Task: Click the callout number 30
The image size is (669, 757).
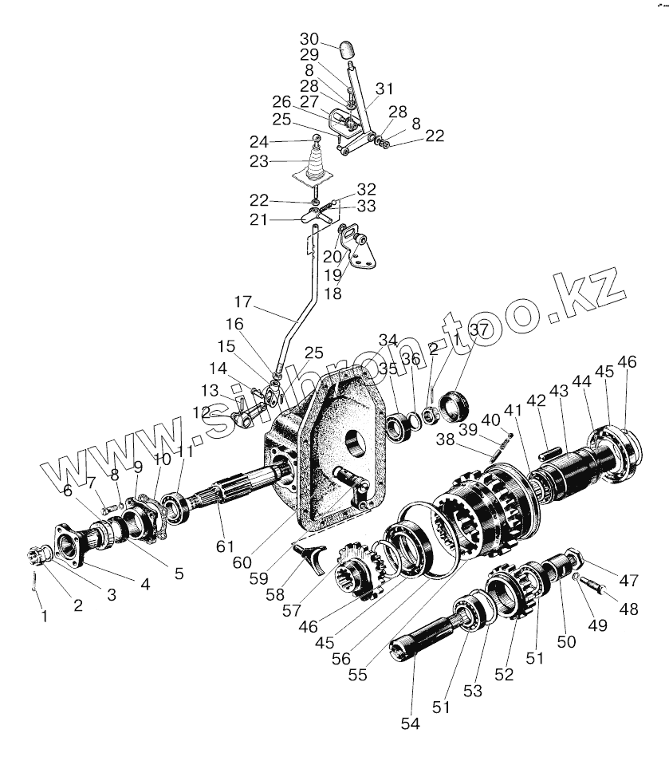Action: [309, 40]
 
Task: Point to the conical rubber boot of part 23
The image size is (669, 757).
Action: [317, 166]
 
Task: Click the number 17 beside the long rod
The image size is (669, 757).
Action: [242, 304]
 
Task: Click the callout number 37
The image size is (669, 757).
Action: [478, 330]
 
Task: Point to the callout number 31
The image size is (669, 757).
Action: [385, 88]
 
